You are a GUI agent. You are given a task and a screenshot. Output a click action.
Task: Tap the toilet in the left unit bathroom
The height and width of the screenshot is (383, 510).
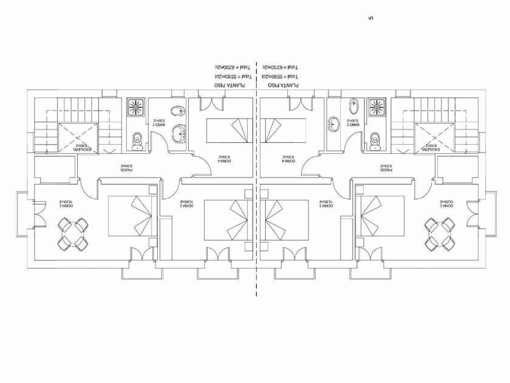137,140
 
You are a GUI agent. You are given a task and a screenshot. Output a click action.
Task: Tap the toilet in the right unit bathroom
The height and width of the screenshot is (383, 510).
375,140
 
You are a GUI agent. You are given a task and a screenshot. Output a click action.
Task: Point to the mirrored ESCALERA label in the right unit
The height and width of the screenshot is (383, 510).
434,147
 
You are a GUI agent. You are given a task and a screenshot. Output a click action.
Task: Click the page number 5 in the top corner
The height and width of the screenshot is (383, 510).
371,18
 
